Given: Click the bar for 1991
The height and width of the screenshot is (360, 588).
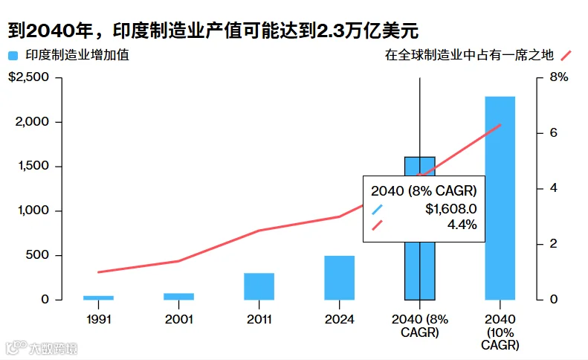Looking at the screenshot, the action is (98, 298).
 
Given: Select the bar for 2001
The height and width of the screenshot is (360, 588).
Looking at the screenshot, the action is (179, 297).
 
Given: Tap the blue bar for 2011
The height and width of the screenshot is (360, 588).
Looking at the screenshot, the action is (259, 286).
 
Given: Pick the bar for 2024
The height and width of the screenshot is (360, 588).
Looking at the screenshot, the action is (340, 277).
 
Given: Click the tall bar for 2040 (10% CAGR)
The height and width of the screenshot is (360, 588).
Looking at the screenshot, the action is (500, 198).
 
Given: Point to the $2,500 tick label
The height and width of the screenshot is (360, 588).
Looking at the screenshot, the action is (28, 77).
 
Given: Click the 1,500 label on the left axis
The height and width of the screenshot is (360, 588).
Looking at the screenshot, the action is (33, 166).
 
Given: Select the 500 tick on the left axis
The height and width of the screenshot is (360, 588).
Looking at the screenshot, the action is (37, 255).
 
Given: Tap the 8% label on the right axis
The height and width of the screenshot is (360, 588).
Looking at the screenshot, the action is (559, 77).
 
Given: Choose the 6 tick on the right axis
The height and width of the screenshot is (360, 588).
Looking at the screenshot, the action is (554, 132).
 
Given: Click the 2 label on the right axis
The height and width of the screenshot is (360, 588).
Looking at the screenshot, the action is (554, 244).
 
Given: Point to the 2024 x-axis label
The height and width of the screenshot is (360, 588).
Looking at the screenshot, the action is (340, 319).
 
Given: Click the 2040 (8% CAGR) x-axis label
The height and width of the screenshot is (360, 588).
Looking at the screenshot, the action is (420, 326).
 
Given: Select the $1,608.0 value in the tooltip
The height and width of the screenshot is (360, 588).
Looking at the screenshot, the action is (451, 209).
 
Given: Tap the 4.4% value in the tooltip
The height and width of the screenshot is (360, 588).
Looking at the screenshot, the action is (462, 225).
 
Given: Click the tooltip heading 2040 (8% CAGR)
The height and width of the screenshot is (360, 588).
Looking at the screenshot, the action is (424, 191).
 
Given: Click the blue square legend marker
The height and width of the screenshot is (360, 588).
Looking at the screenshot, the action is (13, 56).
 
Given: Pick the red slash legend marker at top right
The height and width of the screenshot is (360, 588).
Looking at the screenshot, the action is (566, 56).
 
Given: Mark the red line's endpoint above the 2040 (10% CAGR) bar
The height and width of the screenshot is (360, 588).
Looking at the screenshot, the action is (500, 125).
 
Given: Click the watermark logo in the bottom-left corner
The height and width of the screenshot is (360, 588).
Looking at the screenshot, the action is (17, 347).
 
